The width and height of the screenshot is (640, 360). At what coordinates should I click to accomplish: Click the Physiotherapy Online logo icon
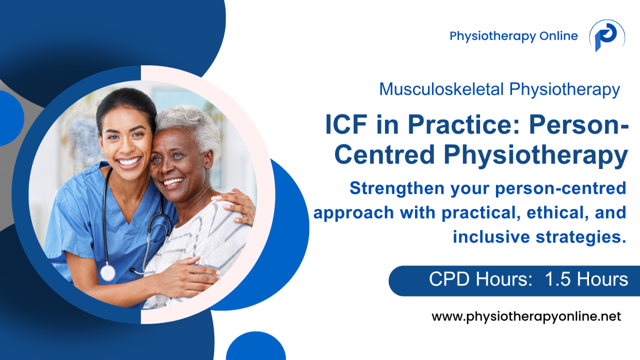(607, 36)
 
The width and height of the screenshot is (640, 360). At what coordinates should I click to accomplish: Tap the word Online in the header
(559, 36)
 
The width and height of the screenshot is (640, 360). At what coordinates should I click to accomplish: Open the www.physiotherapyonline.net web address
(526, 317)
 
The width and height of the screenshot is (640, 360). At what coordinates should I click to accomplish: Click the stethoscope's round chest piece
(108, 273)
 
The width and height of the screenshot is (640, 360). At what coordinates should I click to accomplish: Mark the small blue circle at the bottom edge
(256, 348)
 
